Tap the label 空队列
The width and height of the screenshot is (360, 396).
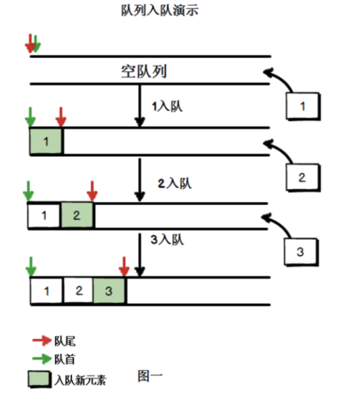143,71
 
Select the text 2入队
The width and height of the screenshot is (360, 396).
174,183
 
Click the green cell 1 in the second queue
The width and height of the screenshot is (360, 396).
47,142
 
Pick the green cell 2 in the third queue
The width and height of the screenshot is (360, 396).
78,215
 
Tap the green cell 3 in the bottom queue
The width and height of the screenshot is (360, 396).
109,290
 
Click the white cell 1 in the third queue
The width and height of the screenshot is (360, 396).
45,215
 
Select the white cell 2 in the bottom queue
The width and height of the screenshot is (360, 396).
78,290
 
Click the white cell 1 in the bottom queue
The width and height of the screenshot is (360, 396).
46,290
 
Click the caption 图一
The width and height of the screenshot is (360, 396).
150,375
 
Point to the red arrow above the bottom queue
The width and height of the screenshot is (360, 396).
124,265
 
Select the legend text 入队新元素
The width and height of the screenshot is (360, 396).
80,379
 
